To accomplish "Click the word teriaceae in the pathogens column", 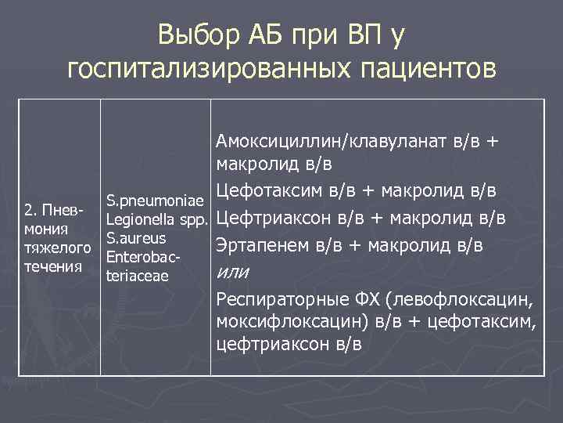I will (x=137, y=275).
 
